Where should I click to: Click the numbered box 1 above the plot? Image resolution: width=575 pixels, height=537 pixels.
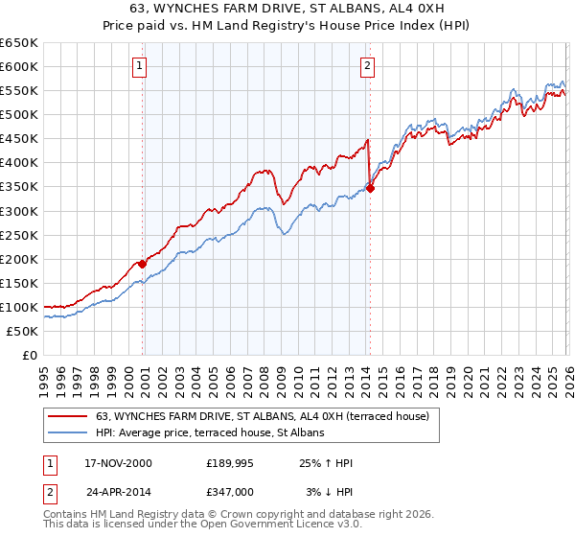[140, 66]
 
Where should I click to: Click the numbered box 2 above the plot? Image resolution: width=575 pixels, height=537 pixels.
[367, 66]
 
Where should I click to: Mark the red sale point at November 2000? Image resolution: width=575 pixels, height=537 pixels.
[143, 263]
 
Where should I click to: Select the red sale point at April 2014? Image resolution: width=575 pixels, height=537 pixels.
[370, 188]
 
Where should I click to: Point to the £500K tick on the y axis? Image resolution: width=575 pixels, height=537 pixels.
[19, 115]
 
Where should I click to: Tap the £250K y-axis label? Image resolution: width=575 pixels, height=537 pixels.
[19, 235]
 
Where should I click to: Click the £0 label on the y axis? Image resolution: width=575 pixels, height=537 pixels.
[30, 355]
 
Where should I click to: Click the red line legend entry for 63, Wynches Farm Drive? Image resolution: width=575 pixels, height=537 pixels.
[267, 416]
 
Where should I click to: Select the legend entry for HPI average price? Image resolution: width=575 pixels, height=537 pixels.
[210, 432]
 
